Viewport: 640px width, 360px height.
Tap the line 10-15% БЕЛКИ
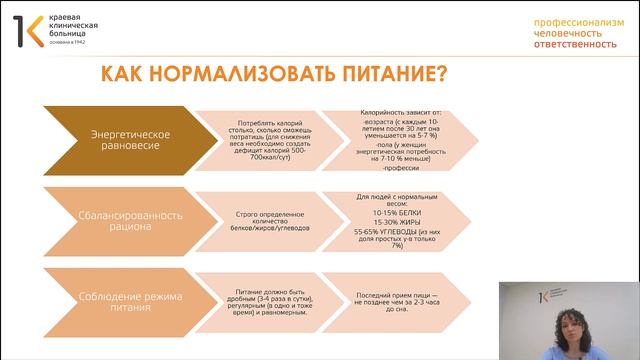399,213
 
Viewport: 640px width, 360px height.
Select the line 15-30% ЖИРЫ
399,222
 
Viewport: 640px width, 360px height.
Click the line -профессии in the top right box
400,168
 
